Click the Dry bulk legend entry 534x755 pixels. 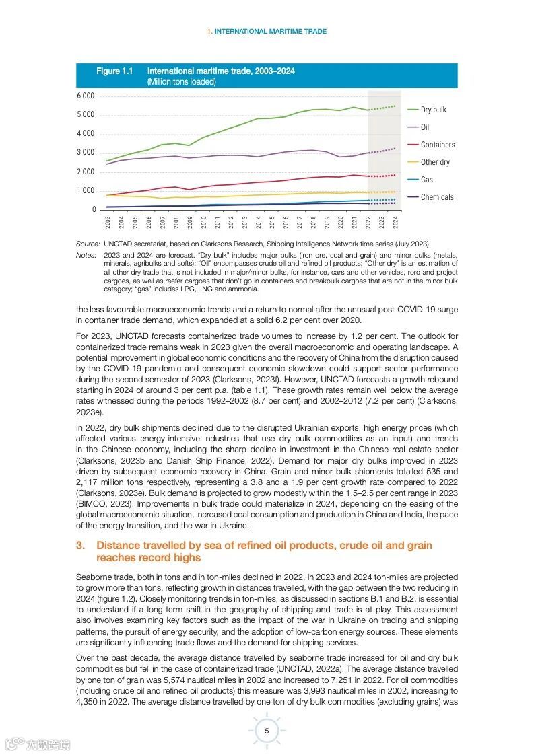click(x=433, y=110)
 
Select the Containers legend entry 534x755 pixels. click(x=437, y=145)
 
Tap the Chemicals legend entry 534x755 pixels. click(x=437, y=197)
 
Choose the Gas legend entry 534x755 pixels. click(x=427, y=180)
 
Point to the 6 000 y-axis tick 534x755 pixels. click(x=85, y=96)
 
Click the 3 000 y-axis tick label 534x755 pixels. click(x=85, y=153)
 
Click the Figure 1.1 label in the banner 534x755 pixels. click(x=114, y=71)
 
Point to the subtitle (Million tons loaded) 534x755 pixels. click(x=181, y=82)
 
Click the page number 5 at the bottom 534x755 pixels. click(x=267, y=731)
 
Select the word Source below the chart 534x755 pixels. click(x=88, y=244)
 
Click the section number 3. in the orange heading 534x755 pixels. click(x=80, y=545)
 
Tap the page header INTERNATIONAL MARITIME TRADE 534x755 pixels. click(x=270, y=31)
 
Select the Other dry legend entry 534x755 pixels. click(x=435, y=162)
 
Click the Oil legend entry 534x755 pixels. click(x=424, y=127)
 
